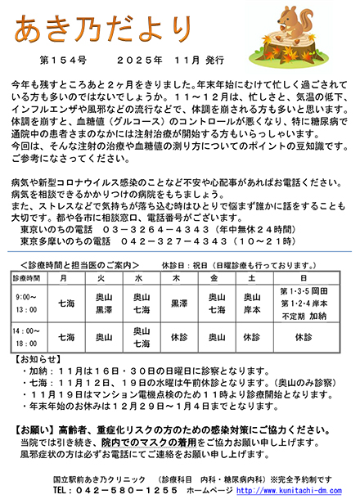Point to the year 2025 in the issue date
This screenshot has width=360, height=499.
134,61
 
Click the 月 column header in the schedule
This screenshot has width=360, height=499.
63,278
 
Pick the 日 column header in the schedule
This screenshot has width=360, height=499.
304,278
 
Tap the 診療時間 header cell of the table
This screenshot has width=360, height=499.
25,278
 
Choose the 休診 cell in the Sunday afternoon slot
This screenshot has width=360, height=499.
304,336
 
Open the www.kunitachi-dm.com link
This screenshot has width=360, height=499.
302,489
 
